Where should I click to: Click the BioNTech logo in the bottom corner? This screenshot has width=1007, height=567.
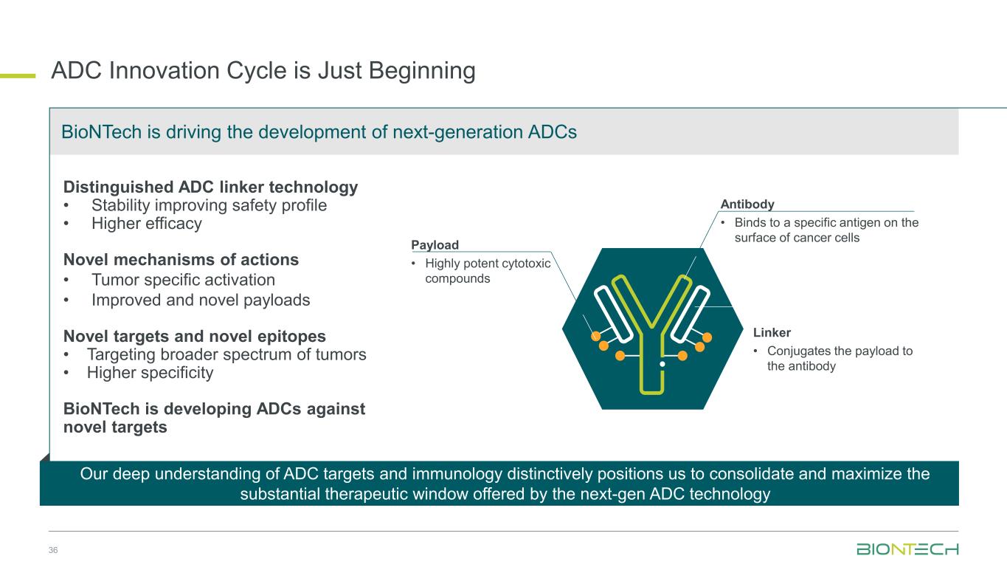tap(907, 549)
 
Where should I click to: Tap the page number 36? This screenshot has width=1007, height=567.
tap(53, 550)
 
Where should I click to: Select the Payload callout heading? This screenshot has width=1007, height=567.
tap(435, 245)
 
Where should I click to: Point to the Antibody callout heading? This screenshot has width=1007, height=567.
tap(747, 204)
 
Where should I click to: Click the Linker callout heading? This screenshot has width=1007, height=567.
tap(772, 332)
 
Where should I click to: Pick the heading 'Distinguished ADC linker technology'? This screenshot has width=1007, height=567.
tap(210, 187)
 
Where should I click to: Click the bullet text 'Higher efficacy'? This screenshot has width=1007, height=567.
tap(147, 223)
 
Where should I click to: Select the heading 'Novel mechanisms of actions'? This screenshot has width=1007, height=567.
tap(181, 260)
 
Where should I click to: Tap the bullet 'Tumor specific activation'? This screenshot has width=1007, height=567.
tap(183, 280)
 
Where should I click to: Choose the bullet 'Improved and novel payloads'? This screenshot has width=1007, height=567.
tap(201, 300)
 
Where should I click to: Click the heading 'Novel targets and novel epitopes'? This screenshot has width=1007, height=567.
tap(194, 336)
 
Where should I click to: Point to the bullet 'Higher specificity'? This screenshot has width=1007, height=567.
tap(150, 373)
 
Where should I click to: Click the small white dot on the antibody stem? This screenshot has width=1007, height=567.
tap(662, 364)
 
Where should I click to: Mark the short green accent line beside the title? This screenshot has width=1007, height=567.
tap(18, 76)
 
